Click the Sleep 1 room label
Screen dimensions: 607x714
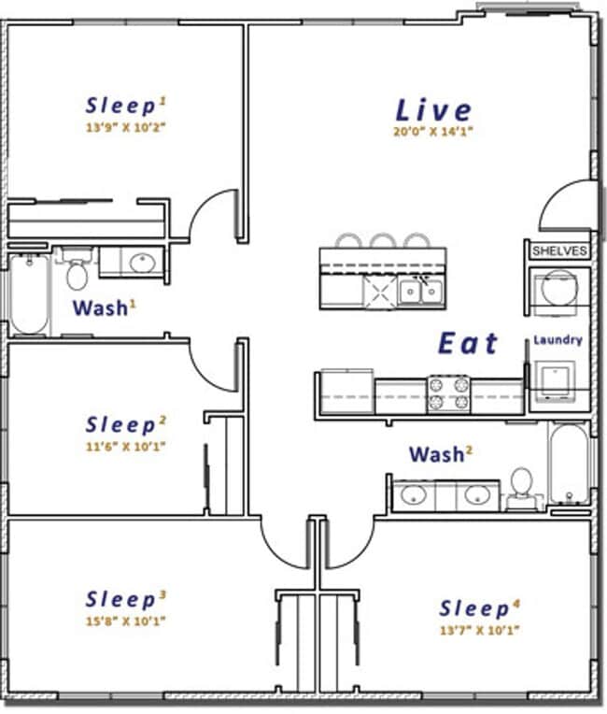pos(125,106)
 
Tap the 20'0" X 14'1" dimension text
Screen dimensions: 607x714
pos(433,132)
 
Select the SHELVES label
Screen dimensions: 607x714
pos(559,250)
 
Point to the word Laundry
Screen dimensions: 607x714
pos(558,340)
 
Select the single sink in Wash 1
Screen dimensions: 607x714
pos(143,263)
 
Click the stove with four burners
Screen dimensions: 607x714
pos(448,394)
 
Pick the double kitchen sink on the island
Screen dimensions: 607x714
pos(420,291)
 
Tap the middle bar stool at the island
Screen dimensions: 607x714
pos(382,241)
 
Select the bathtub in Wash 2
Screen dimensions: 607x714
pos(569,464)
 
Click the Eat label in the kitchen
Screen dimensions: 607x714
pos(468,343)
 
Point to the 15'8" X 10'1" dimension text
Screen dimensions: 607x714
pos(125,621)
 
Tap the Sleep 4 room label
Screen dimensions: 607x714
pos(479,608)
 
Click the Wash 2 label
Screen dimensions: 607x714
pos(441,454)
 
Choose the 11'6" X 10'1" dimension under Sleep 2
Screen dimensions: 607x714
pos(125,447)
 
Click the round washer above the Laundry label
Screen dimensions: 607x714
pos(558,288)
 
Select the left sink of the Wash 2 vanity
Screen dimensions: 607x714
pos(413,495)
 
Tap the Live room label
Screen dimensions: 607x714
pos(433,110)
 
